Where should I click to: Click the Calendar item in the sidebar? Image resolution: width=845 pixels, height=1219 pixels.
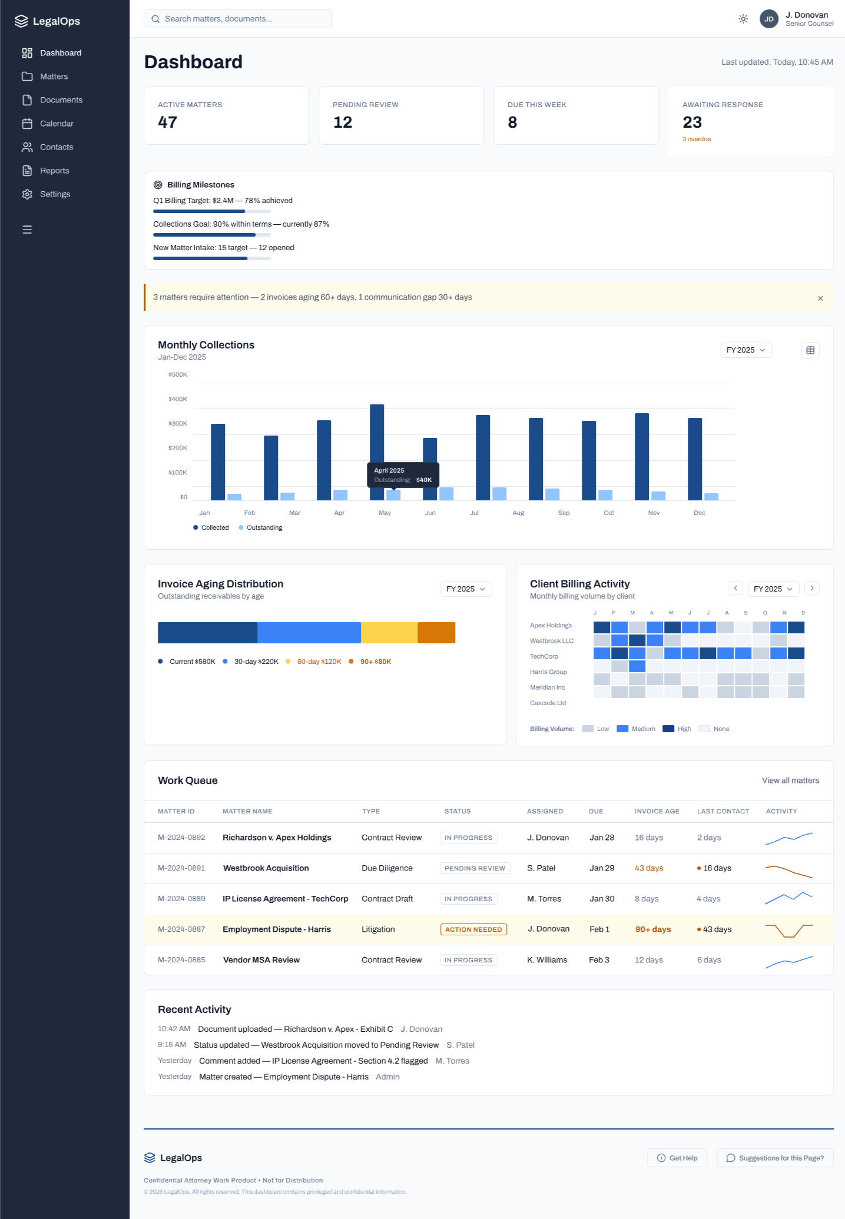coord(57,124)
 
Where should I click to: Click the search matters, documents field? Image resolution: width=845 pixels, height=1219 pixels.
coord(238,19)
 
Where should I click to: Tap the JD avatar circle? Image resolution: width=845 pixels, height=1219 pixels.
coord(768,19)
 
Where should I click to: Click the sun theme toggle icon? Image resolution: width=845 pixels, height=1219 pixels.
coord(743,19)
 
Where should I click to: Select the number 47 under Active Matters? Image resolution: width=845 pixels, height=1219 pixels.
coord(168,122)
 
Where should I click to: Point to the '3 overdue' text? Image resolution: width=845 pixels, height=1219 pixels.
coord(697,139)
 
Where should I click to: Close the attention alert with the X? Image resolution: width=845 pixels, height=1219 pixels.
coord(820,298)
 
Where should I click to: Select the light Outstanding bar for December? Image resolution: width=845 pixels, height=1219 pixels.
coord(711,497)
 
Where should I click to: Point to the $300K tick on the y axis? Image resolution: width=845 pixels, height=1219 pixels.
coord(178,424)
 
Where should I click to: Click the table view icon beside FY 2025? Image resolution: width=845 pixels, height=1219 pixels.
coord(810,350)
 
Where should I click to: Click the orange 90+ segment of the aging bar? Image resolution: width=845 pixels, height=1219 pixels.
coord(436,633)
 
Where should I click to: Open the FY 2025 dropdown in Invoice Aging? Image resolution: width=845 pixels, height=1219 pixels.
coord(466,589)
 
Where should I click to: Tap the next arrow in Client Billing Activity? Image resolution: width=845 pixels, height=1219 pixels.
coord(812,588)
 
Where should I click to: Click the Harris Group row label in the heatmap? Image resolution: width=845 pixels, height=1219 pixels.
coord(548,672)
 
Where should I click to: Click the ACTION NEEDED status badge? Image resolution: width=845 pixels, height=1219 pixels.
coord(473,929)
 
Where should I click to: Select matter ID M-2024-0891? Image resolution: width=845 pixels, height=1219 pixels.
coord(181,868)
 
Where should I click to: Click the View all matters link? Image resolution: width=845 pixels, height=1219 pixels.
coord(790,780)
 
